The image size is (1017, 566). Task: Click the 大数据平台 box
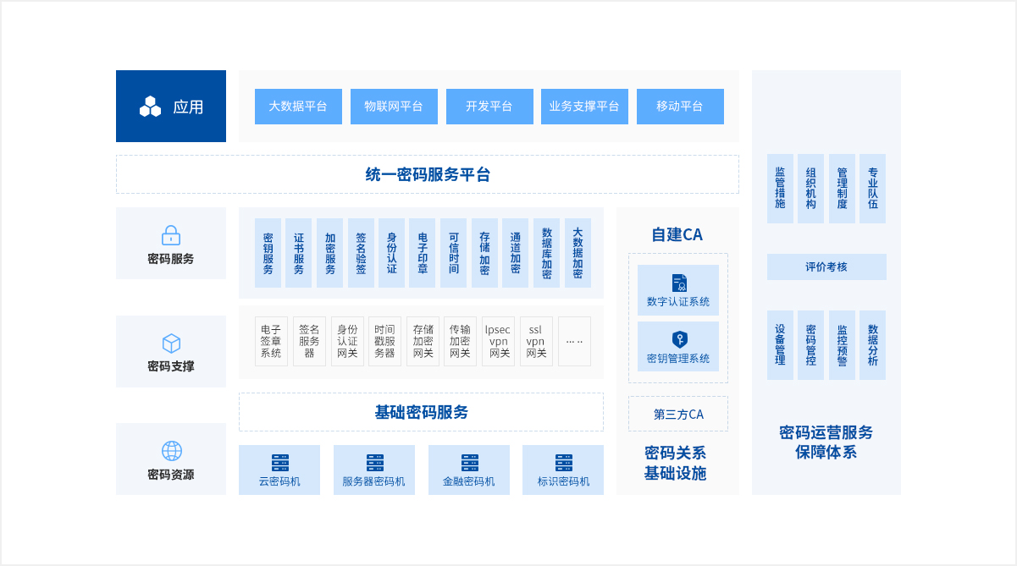tap(298, 107)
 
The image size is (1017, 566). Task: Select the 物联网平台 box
tap(394, 107)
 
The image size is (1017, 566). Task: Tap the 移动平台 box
tap(679, 107)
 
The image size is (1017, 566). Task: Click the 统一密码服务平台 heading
tap(428, 174)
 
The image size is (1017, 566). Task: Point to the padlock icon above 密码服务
tap(171, 235)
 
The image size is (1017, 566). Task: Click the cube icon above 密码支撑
tap(171, 343)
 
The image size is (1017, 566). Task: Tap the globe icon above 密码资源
tap(171, 451)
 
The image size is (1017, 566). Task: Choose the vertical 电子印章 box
tap(423, 253)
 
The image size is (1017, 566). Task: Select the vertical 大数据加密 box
tap(578, 253)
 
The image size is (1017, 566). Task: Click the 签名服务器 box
tap(309, 341)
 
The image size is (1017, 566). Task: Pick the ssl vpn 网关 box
tap(536, 341)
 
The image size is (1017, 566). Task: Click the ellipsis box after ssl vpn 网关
tap(574, 341)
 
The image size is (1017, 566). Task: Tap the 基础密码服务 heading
tap(421, 412)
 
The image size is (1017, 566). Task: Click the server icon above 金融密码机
tap(469, 463)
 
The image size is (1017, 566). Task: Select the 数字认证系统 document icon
tap(678, 283)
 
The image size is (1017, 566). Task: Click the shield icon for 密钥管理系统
tap(678, 339)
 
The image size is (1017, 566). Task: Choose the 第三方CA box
tap(678, 414)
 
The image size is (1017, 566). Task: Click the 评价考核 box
tap(826, 267)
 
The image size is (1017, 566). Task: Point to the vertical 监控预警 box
tap(842, 345)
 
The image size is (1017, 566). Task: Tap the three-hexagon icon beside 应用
tap(150, 107)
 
